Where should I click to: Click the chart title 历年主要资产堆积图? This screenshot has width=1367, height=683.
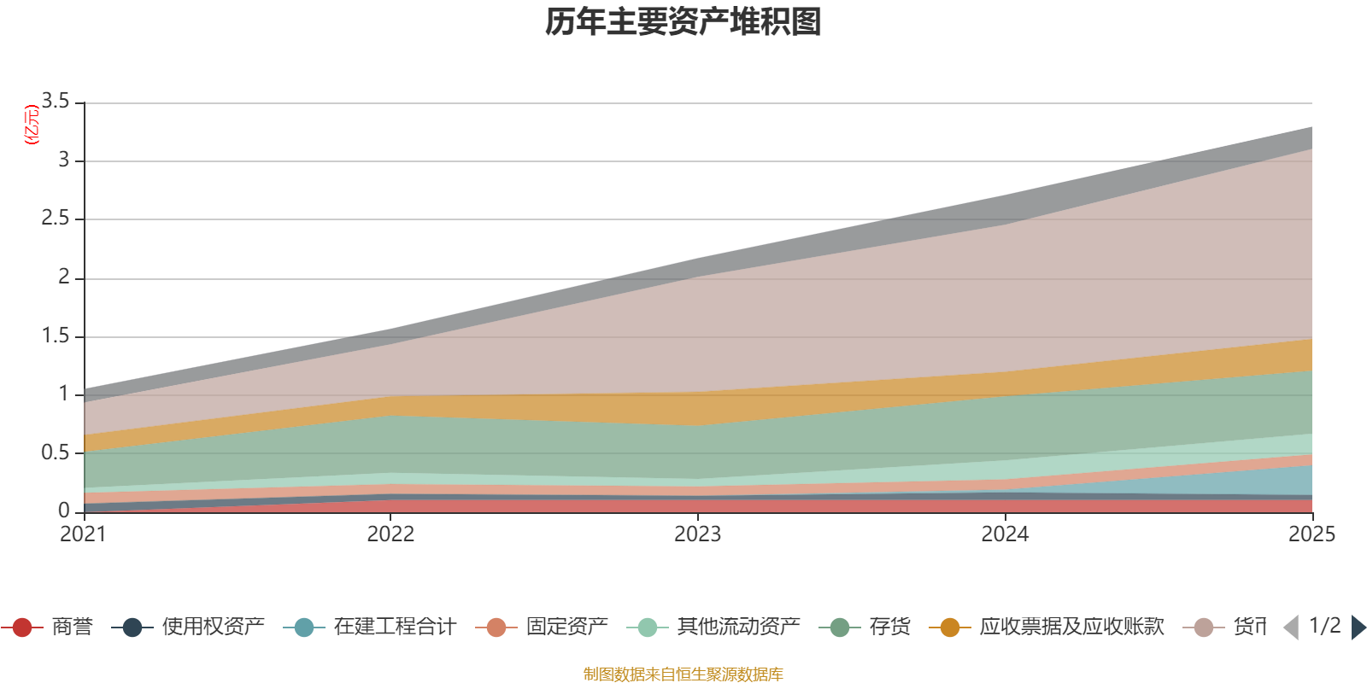[x=683, y=22]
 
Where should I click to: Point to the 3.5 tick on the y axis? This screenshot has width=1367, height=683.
[x=56, y=102]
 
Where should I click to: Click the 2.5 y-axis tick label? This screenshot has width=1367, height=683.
[x=56, y=219]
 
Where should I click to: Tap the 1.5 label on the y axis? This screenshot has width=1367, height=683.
[x=56, y=336]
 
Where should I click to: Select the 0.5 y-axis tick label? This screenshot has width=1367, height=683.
[x=56, y=452]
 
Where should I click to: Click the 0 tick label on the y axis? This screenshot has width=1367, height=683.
[x=65, y=511]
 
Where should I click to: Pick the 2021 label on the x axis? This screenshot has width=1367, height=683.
[x=83, y=534]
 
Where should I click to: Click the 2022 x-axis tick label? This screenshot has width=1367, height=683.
[x=390, y=534]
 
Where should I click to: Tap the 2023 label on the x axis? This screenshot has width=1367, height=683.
[x=697, y=534]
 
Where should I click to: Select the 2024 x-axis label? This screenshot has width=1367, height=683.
[x=1005, y=534]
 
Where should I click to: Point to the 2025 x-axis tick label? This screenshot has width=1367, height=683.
[x=1311, y=534]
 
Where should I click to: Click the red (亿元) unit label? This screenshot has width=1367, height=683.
[x=32, y=125]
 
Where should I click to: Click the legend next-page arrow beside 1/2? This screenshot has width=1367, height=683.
[x=1358, y=628]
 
